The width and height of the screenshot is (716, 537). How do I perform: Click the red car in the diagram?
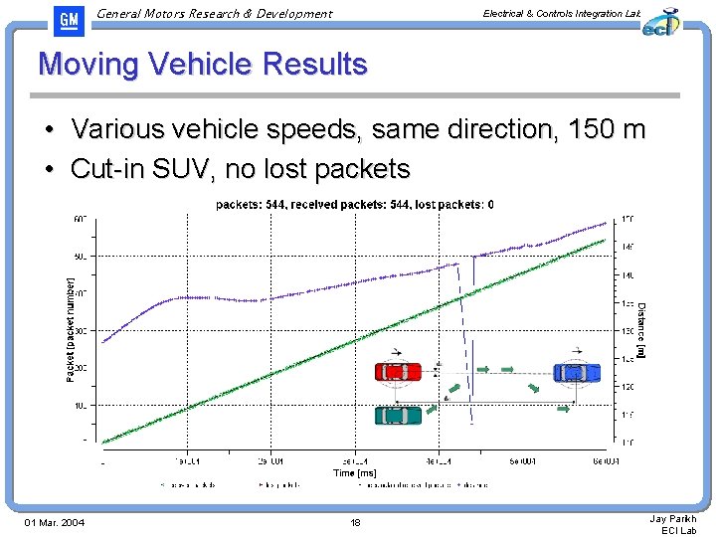pyautogui.click(x=398, y=372)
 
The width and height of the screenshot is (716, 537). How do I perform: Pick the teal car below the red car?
pyautogui.click(x=398, y=414)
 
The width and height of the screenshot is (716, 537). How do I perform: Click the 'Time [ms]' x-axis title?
pyautogui.click(x=355, y=473)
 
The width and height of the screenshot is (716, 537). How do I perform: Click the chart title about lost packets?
pyautogui.click(x=355, y=205)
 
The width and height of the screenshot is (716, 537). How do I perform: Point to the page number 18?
pyautogui.click(x=356, y=523)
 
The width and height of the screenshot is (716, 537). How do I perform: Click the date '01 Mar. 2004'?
pyautogui.click(x=55, y=523)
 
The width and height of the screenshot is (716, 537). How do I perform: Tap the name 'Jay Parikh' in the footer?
pyautogui.click(x=673, y=518)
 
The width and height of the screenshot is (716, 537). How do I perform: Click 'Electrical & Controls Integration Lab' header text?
pyautogui.click(x=562, y=13)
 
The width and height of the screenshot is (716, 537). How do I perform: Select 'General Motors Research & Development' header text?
pyautogui.click(x=216, y=14)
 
